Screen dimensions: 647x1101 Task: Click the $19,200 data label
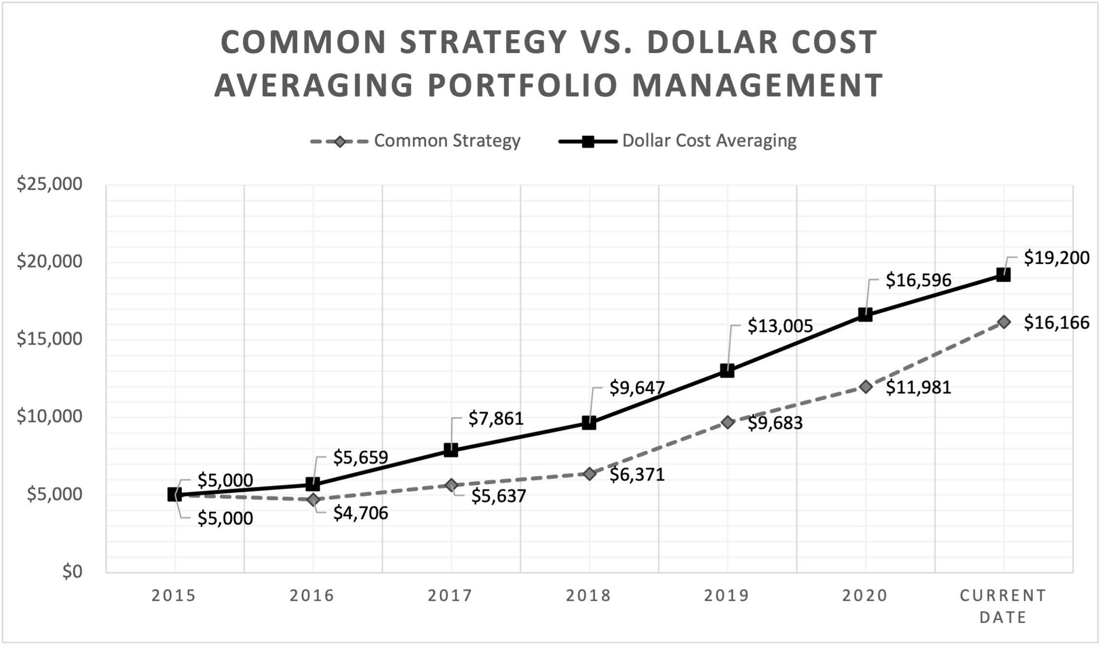tap(1056, 258)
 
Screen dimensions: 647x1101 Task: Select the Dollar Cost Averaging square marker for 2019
tap(727, 371)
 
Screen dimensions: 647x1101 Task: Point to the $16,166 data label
tap(1056, 323)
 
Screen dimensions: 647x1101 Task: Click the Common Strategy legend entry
tap(446, 141)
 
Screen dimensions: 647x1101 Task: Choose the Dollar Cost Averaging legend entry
tap(709, 141)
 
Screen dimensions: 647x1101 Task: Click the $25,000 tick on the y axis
tap(50, 185)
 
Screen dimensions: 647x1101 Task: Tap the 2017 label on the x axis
tap(450, 596)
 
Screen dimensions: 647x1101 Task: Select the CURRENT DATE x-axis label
tap(1003, 606)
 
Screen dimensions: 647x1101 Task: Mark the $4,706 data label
tap(360, 513)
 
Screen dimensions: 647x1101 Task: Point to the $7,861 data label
tap(496, 419)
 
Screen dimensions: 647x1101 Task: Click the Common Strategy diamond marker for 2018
tap(589, 474)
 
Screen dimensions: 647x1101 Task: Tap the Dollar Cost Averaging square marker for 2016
tap(313, 484)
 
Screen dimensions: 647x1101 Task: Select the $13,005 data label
tap(780, 326)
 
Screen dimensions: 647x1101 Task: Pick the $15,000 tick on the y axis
tap(50, 339)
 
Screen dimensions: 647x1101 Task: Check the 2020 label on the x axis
tap(865, 596)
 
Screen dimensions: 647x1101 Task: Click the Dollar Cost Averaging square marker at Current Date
tap(1003, 275)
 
